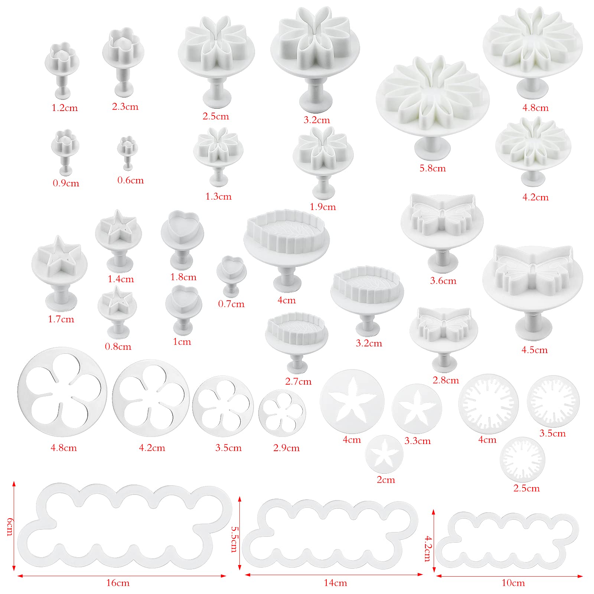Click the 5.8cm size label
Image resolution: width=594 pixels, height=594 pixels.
pos(433,168)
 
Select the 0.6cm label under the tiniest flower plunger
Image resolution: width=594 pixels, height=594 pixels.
pos(130,180)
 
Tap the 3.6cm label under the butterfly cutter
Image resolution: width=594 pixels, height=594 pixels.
pos(443,281)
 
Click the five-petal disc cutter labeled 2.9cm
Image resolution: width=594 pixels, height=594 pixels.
pos(282,413)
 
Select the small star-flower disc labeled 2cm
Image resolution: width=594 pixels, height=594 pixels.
pos(384,454)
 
